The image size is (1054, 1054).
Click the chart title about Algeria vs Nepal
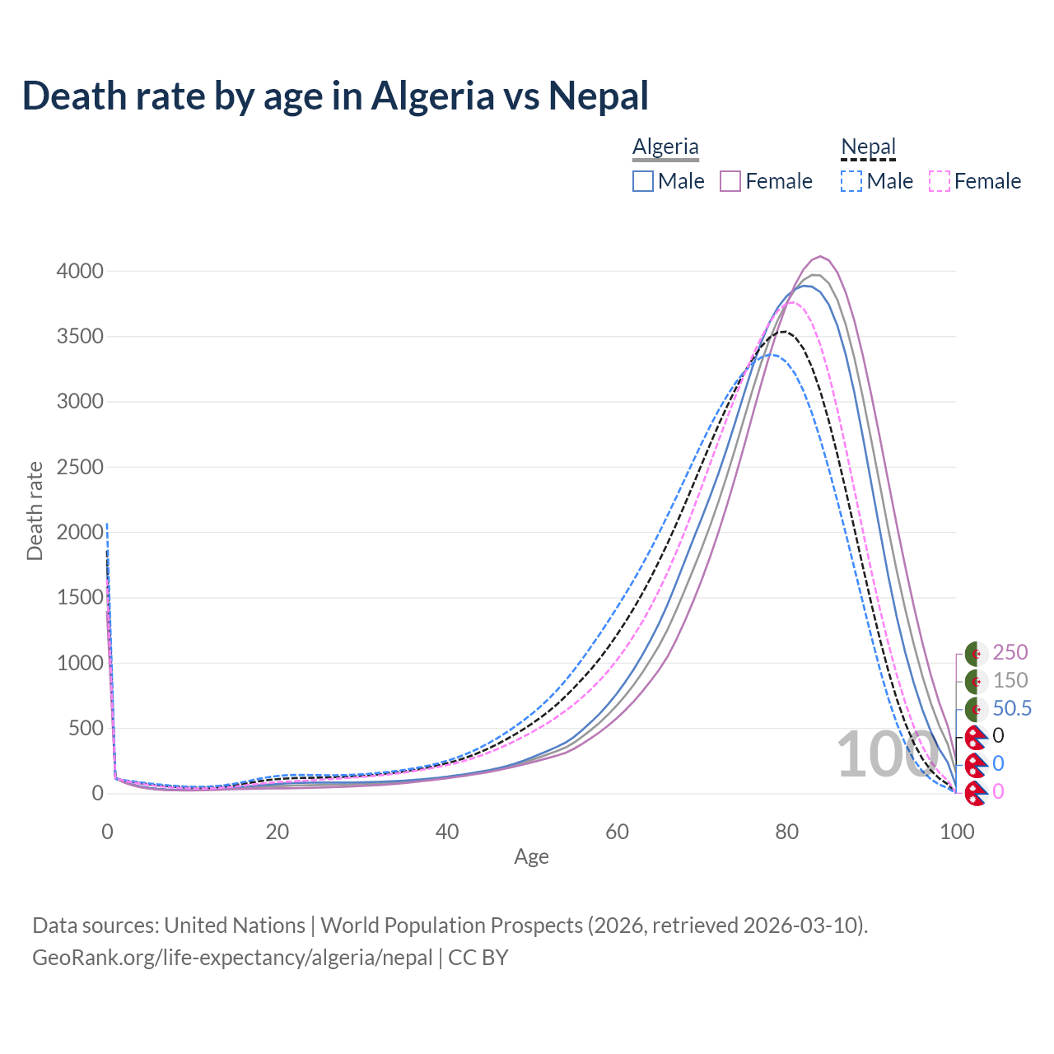point(335,96)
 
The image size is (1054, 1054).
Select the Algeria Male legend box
point(643,181)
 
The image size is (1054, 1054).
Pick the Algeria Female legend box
point(731,181)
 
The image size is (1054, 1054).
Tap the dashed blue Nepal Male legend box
point(851,181)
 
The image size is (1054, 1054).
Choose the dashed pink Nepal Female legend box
point(940,181)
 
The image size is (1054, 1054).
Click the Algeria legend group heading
point(665,147)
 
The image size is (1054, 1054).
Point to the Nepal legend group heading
point(868,147)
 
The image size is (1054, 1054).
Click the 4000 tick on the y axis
point(80,271)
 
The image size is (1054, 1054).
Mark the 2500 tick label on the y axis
point(80,467)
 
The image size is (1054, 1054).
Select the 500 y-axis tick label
point(86,728)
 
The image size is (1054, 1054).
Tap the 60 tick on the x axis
point(617,832)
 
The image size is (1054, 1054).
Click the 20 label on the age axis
point(277,832)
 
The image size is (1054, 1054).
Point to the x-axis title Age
point(531,856)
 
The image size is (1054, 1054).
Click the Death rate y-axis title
point(35,511)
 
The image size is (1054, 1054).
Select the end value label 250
point(1010,652)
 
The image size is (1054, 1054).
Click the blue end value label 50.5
point(1012,708)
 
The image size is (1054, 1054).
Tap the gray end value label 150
point(1010,680)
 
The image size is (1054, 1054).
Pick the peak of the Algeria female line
point(819,257)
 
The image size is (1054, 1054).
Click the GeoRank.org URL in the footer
point(232,958)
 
